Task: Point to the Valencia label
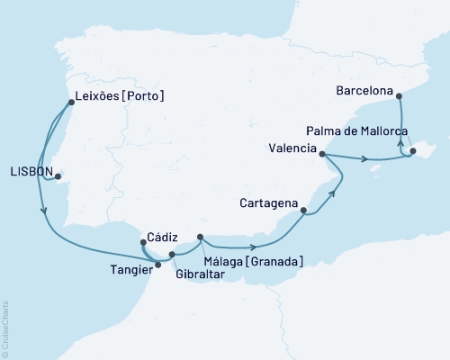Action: point(292,147)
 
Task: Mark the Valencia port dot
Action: point(322,155)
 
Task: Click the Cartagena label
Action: point(268,203)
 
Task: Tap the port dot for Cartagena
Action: point(303,211)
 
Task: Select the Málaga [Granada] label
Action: point(253,261)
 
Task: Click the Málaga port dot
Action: point(200,238)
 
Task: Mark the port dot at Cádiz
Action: point(144,242)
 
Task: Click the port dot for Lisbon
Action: point(58,176)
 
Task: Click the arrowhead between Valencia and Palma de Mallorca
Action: point(364,161)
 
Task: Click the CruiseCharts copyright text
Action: point(5,328)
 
